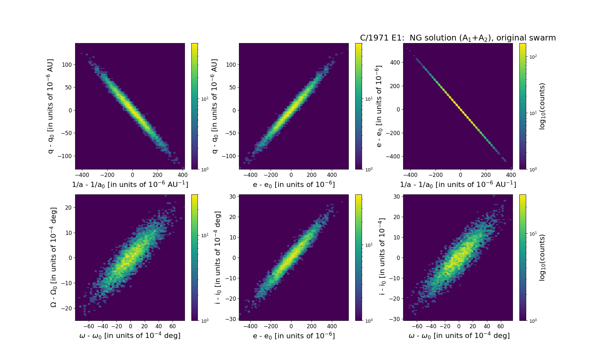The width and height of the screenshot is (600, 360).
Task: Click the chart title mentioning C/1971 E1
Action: tap(458, 38)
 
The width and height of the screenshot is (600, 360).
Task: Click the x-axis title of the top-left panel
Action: tap(130, 184)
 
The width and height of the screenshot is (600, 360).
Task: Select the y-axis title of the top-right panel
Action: tap(379, 106)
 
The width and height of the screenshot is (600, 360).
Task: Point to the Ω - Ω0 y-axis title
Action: tap(53, 257)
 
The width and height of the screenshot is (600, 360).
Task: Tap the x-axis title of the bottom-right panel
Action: tap(459, 336)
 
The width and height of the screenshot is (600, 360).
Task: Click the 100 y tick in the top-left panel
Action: tap(67, 64)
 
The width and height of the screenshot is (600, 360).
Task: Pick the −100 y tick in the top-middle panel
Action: tap(229, 156)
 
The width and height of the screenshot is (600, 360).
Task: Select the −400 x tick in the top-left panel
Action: tap(82, 175)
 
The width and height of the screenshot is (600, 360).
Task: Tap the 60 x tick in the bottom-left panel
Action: tap(172, 326)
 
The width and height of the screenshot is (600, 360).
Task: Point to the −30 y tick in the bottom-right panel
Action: tap(396, 319)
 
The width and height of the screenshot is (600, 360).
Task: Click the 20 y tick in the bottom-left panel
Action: tap(68, 207)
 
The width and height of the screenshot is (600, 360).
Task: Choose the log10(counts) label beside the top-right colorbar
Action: tap(542, 106)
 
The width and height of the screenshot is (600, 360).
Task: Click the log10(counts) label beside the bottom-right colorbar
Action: tap(542, 257)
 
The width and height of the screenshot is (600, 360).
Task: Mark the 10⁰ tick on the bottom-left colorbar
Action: tap(205, 320)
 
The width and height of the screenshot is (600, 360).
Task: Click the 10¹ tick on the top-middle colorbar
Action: tap(369, 99)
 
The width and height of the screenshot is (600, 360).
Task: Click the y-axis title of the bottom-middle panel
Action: tap(218, 257)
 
